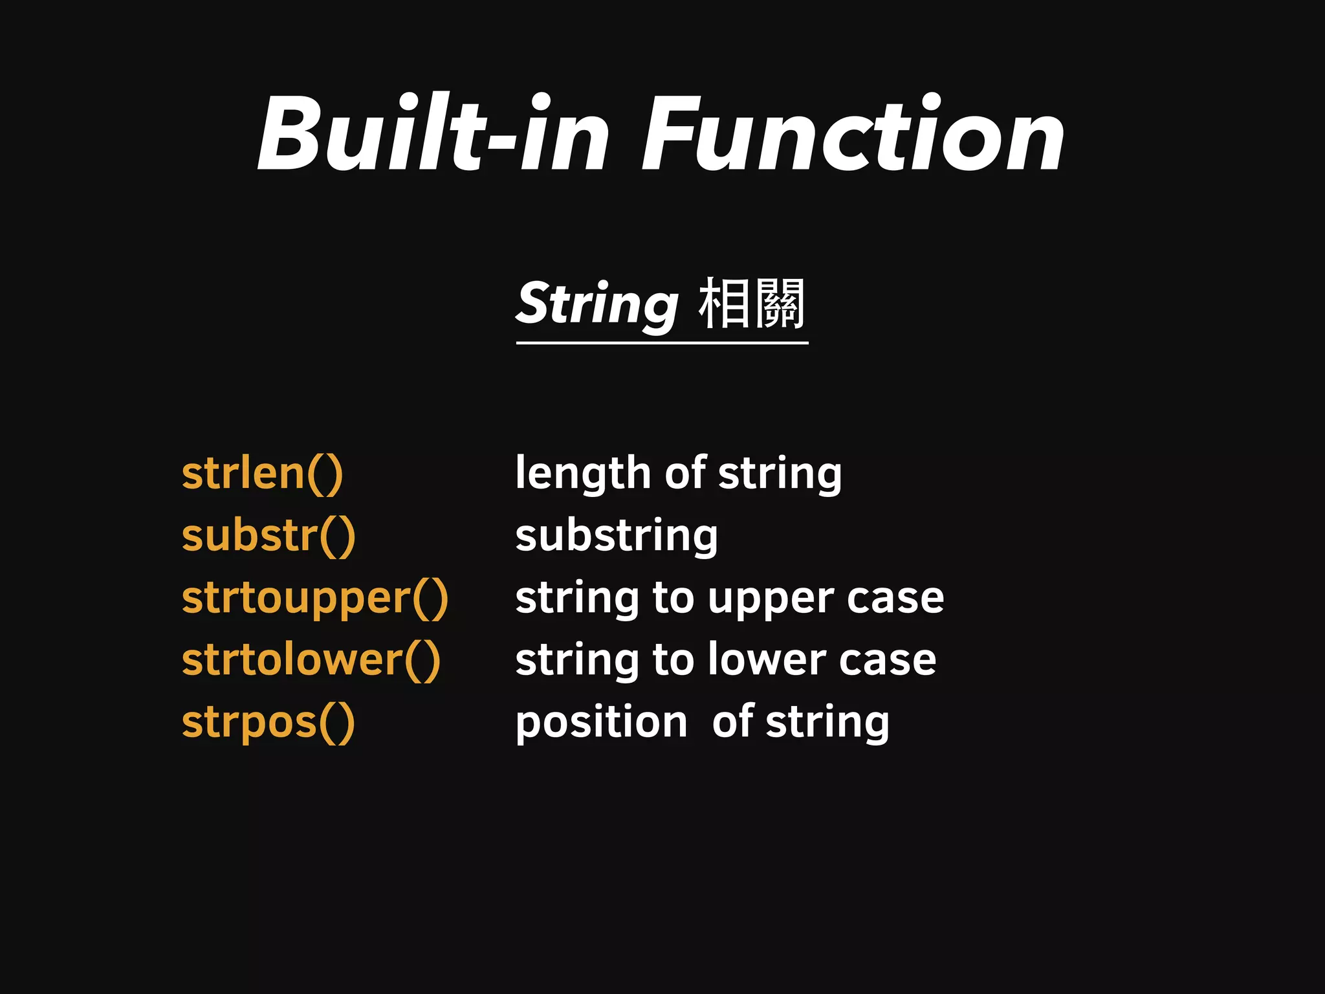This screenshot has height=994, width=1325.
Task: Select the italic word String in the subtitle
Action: pyautogui.click(x=597, y=304)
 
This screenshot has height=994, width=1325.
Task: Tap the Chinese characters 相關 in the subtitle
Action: pyautogui.click(x=752, y=304)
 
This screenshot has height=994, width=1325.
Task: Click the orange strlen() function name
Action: pyautogui.click(x=262, y=474)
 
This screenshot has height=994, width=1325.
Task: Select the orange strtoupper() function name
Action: pyautogui.click(x=315, y=598)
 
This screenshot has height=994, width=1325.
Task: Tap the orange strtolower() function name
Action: pyautogui.click(x=311, y=660)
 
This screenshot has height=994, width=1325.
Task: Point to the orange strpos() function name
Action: pyautogui.click(x=268, y=722)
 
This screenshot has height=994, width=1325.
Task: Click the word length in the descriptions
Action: pyautogui.click(x=582, y=474)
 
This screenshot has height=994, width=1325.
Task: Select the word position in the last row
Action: pyautogui.click(x=601, y=722)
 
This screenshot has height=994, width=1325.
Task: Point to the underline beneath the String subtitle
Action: pyautogui.click(x=662, y=342)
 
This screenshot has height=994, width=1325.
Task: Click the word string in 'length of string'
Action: pyautogui.click(x=780, y=474)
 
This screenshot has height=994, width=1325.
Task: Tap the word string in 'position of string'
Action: pyautogui.click(x=827, y=722)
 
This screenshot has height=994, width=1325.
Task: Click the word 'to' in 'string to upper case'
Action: pyautogui.click(x=673, y=598)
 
